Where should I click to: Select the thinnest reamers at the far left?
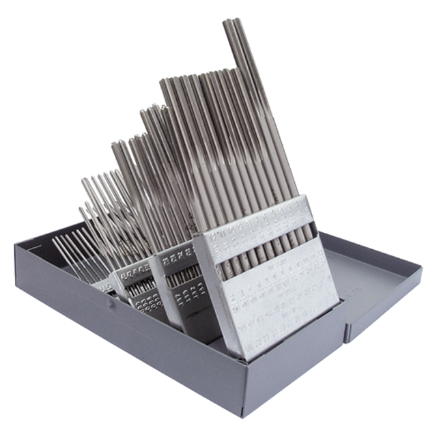click(x=72, y=253)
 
